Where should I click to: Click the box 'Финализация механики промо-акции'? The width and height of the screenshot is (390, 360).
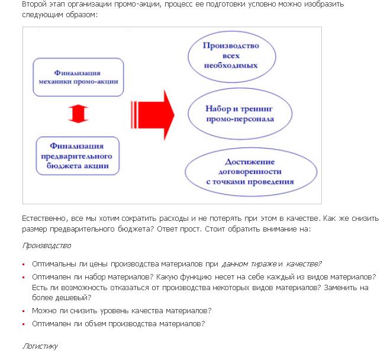[79, 77]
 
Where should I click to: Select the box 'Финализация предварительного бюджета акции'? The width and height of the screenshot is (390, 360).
[78, 156]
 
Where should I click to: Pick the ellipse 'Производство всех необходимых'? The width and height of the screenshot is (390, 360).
[231, 55]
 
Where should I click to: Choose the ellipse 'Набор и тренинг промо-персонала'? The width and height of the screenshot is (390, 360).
[231, 114]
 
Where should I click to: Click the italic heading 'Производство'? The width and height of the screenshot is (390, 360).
[46, 245]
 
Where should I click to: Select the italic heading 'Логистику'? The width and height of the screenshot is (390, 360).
[40, 345]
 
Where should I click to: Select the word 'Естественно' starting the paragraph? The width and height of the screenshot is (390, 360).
[43, 218]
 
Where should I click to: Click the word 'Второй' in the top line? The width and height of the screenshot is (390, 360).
[34, 4]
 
